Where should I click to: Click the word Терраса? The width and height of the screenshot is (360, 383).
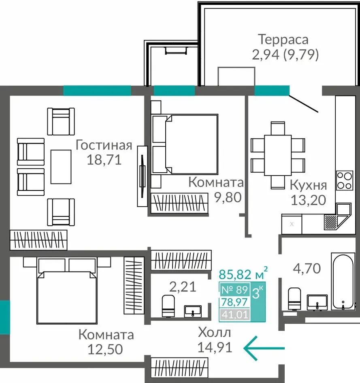pyautogui.click(x=283, y=40)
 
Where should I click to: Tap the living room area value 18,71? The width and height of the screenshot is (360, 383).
pyautogui.click(x=104, y=160)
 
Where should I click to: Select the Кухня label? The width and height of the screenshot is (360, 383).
pyautogui.click(x=308, y=185)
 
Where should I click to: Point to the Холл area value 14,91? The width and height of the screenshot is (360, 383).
pyautogui.click(x=215, y=347)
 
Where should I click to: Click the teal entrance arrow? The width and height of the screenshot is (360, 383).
pyautogui.click(x=264, y=348)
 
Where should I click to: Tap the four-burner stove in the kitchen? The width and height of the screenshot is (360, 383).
pyautogui.click(x=344, y=180)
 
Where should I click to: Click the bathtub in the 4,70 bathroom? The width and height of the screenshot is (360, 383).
pyautogui.click(x=343, y=282)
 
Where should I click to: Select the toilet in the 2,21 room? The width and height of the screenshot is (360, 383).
pyautogui.click(x=168, y=306)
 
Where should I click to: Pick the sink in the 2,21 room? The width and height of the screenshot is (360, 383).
pyautogui.click(x=193, y=311)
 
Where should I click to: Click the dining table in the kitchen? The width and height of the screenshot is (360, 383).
pyautogui.click(x=278, y=155)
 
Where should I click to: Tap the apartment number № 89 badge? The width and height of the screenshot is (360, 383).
pyautogui.click(x=234, y=290)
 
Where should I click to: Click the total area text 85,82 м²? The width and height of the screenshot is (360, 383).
pyautogui.click(x=243, y=274)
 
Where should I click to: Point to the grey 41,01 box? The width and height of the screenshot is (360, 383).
pyautogui.click(x=234, y=315)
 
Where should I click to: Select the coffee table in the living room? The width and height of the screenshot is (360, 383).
pyautogui.click(x=61, y=167)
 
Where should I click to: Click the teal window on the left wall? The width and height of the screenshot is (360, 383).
pyautogui.click(x=5, y=317)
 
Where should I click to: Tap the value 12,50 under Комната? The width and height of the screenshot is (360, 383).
pyautogui.click(x=105, y=349)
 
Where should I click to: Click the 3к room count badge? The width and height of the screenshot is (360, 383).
pyautogui.click(x=257, y=293)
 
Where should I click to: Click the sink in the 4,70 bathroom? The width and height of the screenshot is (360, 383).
pyautogui.click(x=317, y=302)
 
